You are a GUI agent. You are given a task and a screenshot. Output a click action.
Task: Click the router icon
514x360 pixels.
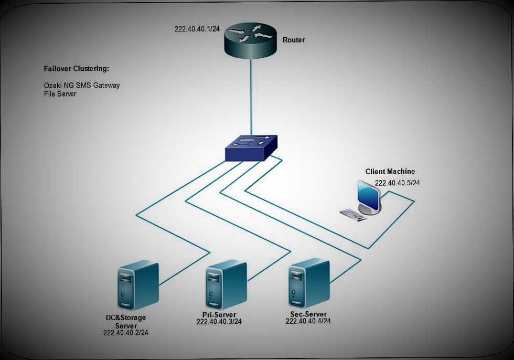click(x=250, y=40)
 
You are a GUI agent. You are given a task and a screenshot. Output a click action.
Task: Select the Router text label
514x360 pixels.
click(x=294, y=40)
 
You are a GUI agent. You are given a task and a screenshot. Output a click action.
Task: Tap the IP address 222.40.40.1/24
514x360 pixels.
click(x=197, y=28)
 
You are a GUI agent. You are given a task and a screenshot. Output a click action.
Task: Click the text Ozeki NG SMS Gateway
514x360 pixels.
click(x=82, y=85)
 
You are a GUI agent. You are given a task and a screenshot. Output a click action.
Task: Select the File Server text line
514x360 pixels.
click(x=60, y=94)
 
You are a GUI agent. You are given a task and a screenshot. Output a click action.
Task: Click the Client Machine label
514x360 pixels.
click(x=390, y=172)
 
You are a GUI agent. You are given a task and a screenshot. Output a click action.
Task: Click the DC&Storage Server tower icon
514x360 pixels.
click(x=137, y=288)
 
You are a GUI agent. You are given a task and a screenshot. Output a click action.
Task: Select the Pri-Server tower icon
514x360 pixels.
click(x=226, y=286)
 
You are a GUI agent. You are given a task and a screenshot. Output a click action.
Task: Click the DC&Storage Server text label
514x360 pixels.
click(x=126, y=322)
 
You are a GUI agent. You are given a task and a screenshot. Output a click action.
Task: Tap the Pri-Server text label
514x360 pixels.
click(x=219, y=314)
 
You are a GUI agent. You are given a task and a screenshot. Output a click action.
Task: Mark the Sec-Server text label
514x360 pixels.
click(x=308, y=313)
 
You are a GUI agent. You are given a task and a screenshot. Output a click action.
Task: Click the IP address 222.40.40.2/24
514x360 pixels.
click(x=126, y=333)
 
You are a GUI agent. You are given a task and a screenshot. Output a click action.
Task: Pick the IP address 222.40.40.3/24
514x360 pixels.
click(x=219, y=322)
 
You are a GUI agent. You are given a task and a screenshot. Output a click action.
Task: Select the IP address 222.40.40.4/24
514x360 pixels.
click(x=308, y=321)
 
